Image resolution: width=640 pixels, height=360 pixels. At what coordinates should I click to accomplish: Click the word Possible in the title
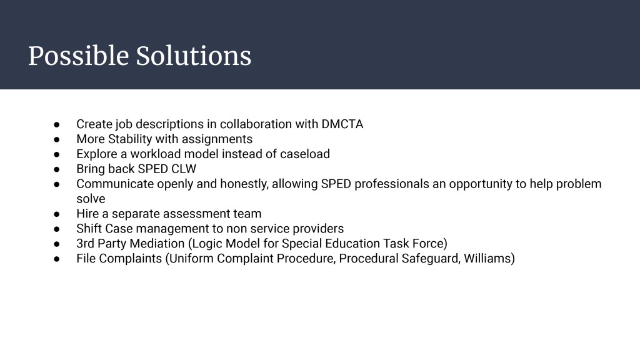coord(78,56)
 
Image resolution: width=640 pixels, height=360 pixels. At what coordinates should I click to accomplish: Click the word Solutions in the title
coord(194,56)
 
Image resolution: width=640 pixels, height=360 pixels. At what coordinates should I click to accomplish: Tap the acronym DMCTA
coord(342,124)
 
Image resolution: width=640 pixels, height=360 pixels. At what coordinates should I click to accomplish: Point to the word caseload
coord(305,154)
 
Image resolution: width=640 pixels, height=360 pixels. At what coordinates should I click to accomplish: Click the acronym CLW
coord(184,169)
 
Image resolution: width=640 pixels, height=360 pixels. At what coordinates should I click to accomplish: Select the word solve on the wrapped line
coord(91,199)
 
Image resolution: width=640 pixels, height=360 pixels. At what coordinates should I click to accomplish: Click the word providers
coord(318,229)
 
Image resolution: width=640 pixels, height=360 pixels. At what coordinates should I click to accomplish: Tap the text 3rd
coord(85,244)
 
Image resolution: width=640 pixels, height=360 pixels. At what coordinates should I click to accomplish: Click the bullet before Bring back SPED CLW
coord(57,169)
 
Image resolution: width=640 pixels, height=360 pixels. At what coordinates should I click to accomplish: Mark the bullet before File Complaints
coord(57,259)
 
